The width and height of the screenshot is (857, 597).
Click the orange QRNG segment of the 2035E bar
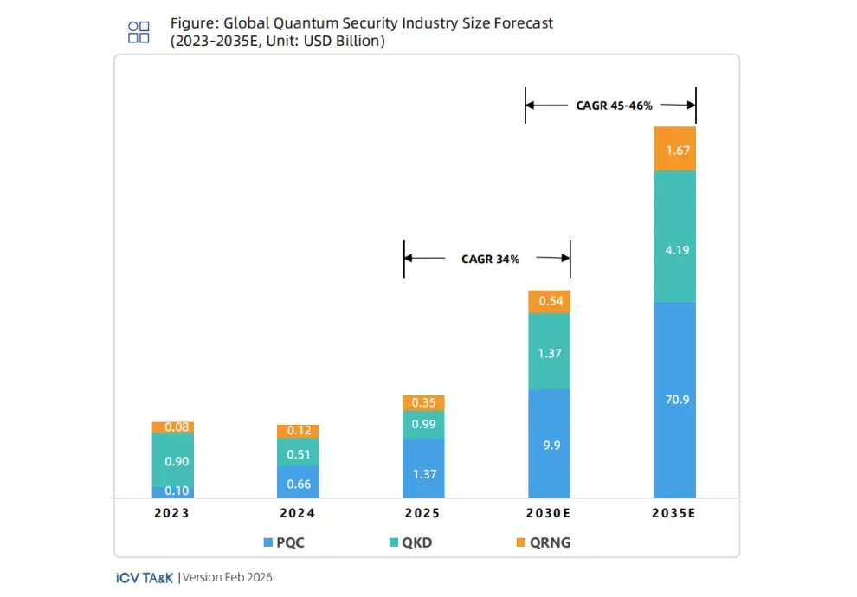click(x=675, y=148)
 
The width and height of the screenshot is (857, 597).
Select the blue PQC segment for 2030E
click(x=549, y=444)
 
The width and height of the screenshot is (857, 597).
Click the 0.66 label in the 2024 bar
click(x=298, y=484)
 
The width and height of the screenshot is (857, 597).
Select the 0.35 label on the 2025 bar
click(x=423, y=402)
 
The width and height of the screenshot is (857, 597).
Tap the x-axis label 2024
click(x=298, y=513)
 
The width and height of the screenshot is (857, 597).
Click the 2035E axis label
click(x=675, y=513)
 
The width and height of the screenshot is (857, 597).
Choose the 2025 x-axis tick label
click(x=423, y=513)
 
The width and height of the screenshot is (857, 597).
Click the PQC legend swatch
click(x=268, y=542)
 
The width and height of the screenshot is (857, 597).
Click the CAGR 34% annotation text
click(x=490, y=259)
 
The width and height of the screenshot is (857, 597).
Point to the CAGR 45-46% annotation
click(x=614, y=106)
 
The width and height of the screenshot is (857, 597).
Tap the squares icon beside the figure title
click(x=139, y=33)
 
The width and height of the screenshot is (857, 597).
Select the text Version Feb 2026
click(x=228, y=577)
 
